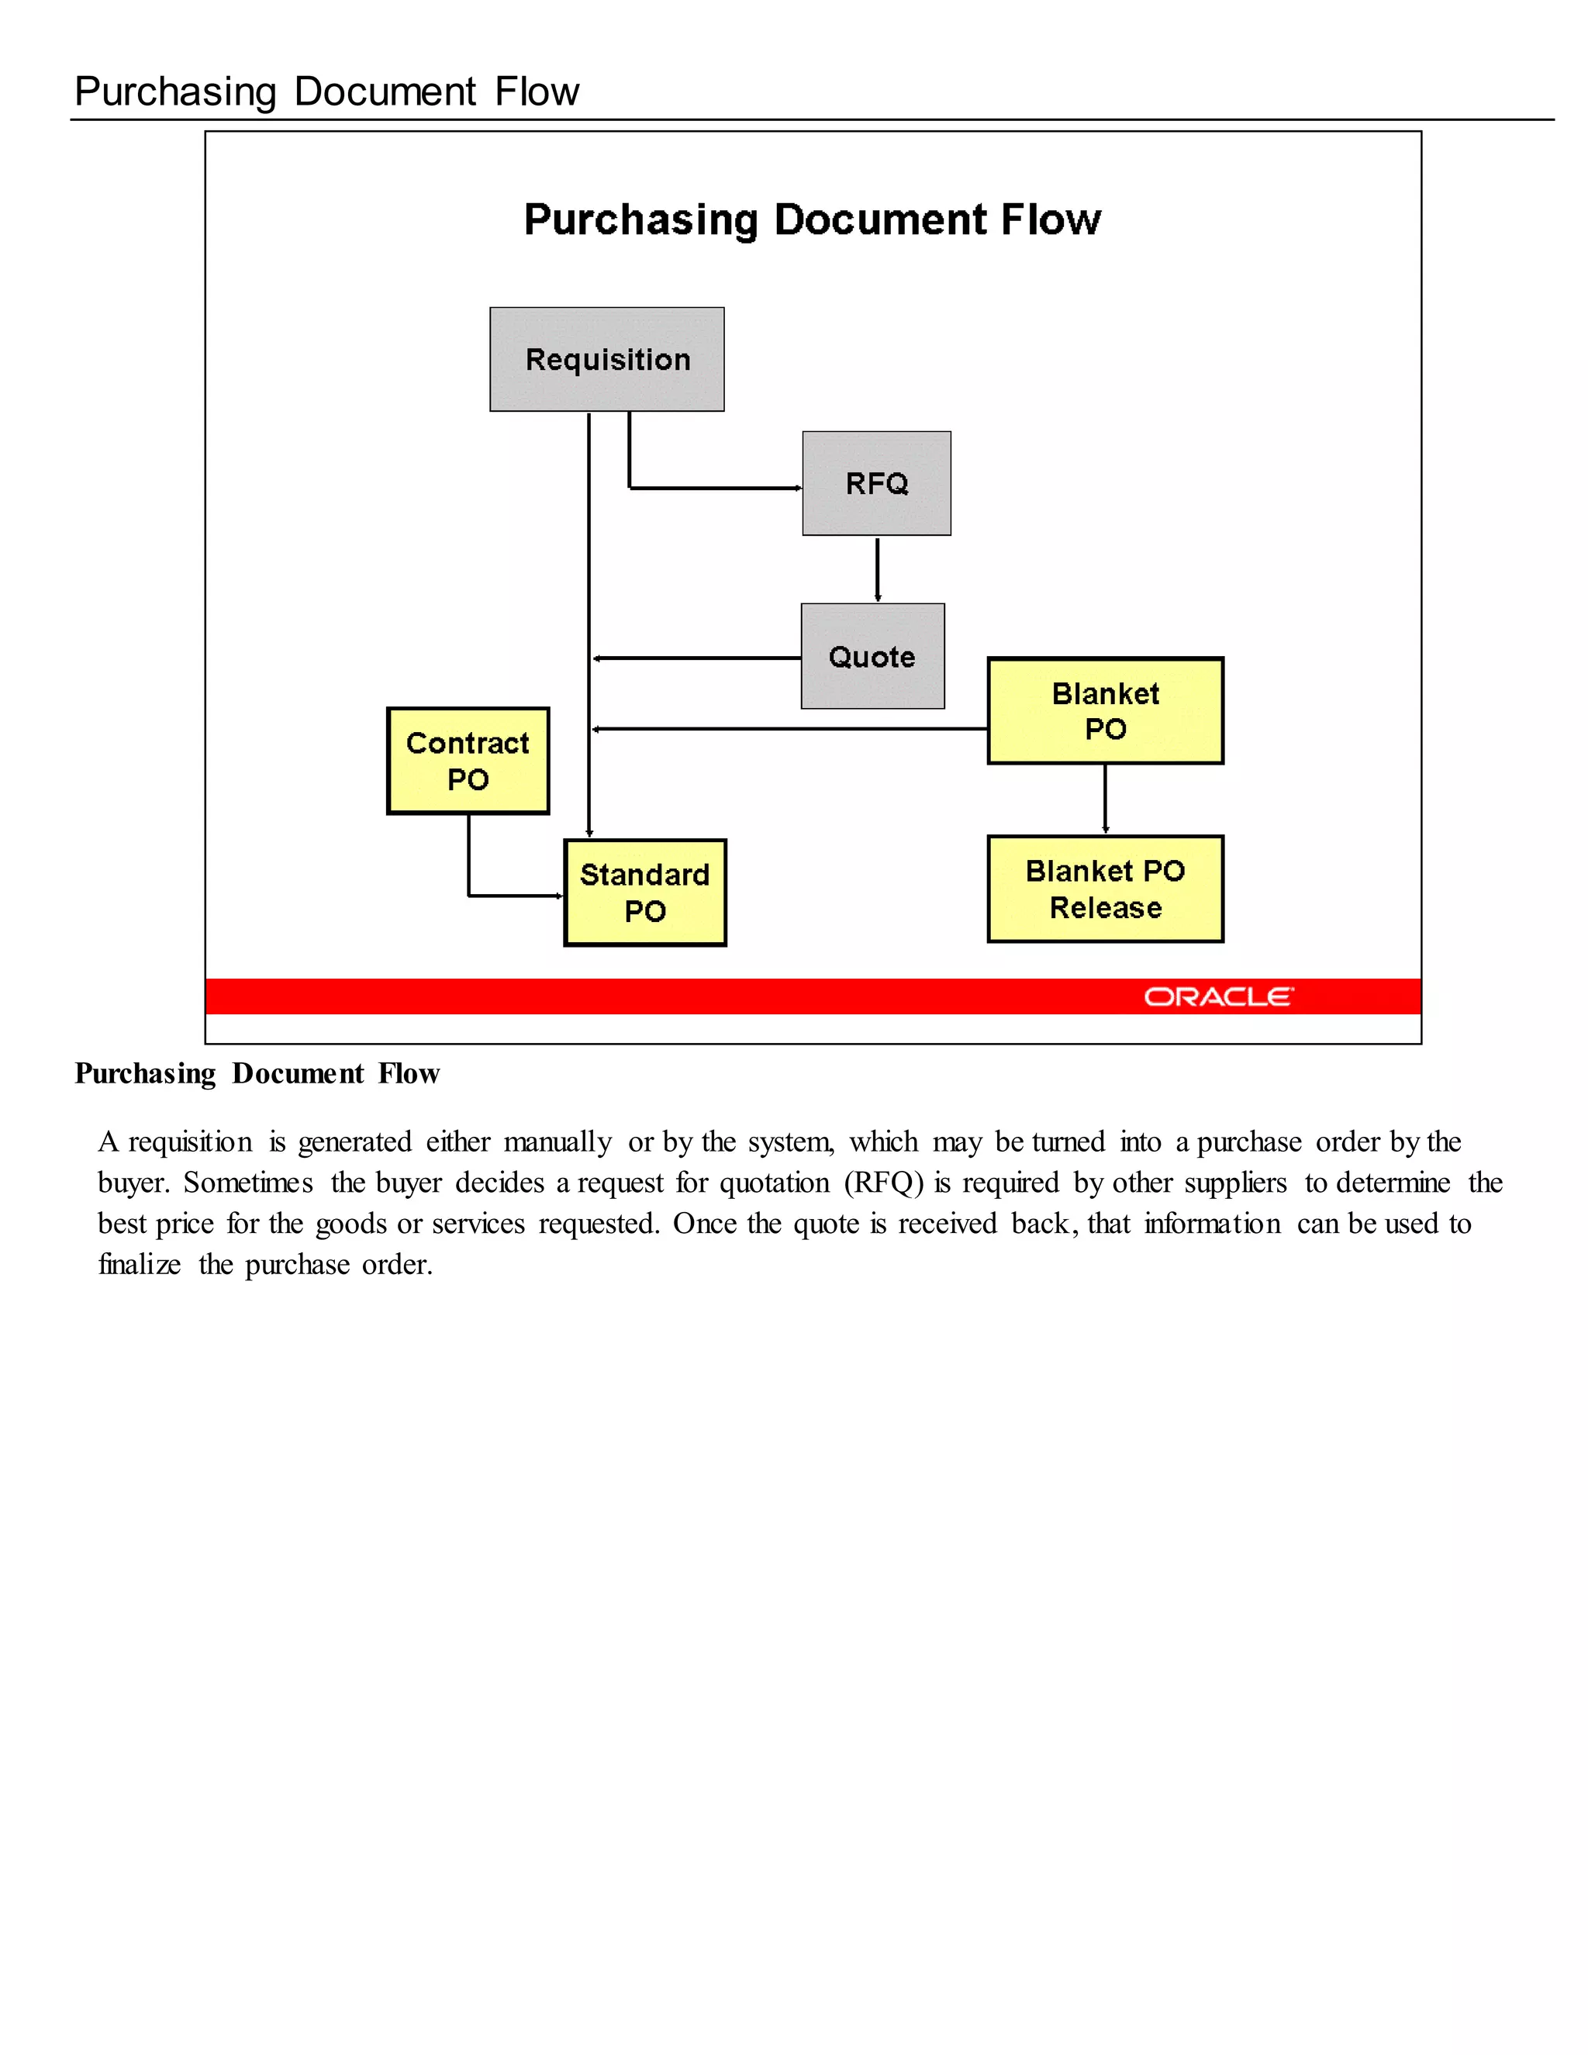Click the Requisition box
point(607,360)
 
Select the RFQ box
point(876,484)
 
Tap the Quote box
point(872,656)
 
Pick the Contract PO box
point(468,760)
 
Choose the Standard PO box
point(644,892)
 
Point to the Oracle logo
point(1218,996)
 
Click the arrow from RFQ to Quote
point(878,569)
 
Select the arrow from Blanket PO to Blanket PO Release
point(1106,799)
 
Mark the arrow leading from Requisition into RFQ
point(715,489)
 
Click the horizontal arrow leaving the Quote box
point(696,658)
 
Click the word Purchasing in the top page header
point(175,92)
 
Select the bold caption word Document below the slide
point(297,1073)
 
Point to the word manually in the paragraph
point(557,1142)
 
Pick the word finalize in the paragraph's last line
point(140,1265)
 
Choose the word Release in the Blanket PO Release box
point(1106,908)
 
